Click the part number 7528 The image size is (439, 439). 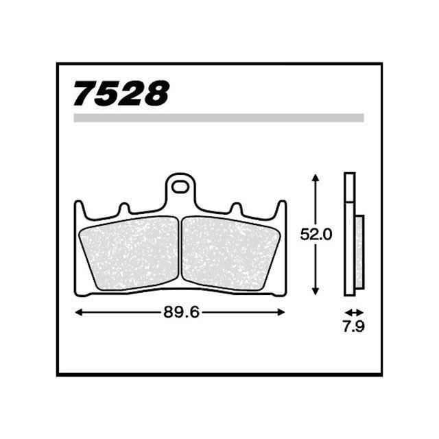tap(121, 93)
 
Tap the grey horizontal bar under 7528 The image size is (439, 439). tap(219, 118)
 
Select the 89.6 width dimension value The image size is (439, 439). tap(181, 312)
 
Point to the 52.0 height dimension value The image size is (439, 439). tap(316, 235)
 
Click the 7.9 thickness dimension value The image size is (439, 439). tap(354, 327)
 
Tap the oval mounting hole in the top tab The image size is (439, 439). tap(180, 187)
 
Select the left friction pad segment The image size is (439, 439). tap(130, 253)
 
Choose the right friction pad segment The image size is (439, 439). tap(230, 253)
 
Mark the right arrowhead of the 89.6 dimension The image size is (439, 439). tap(281, 312)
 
